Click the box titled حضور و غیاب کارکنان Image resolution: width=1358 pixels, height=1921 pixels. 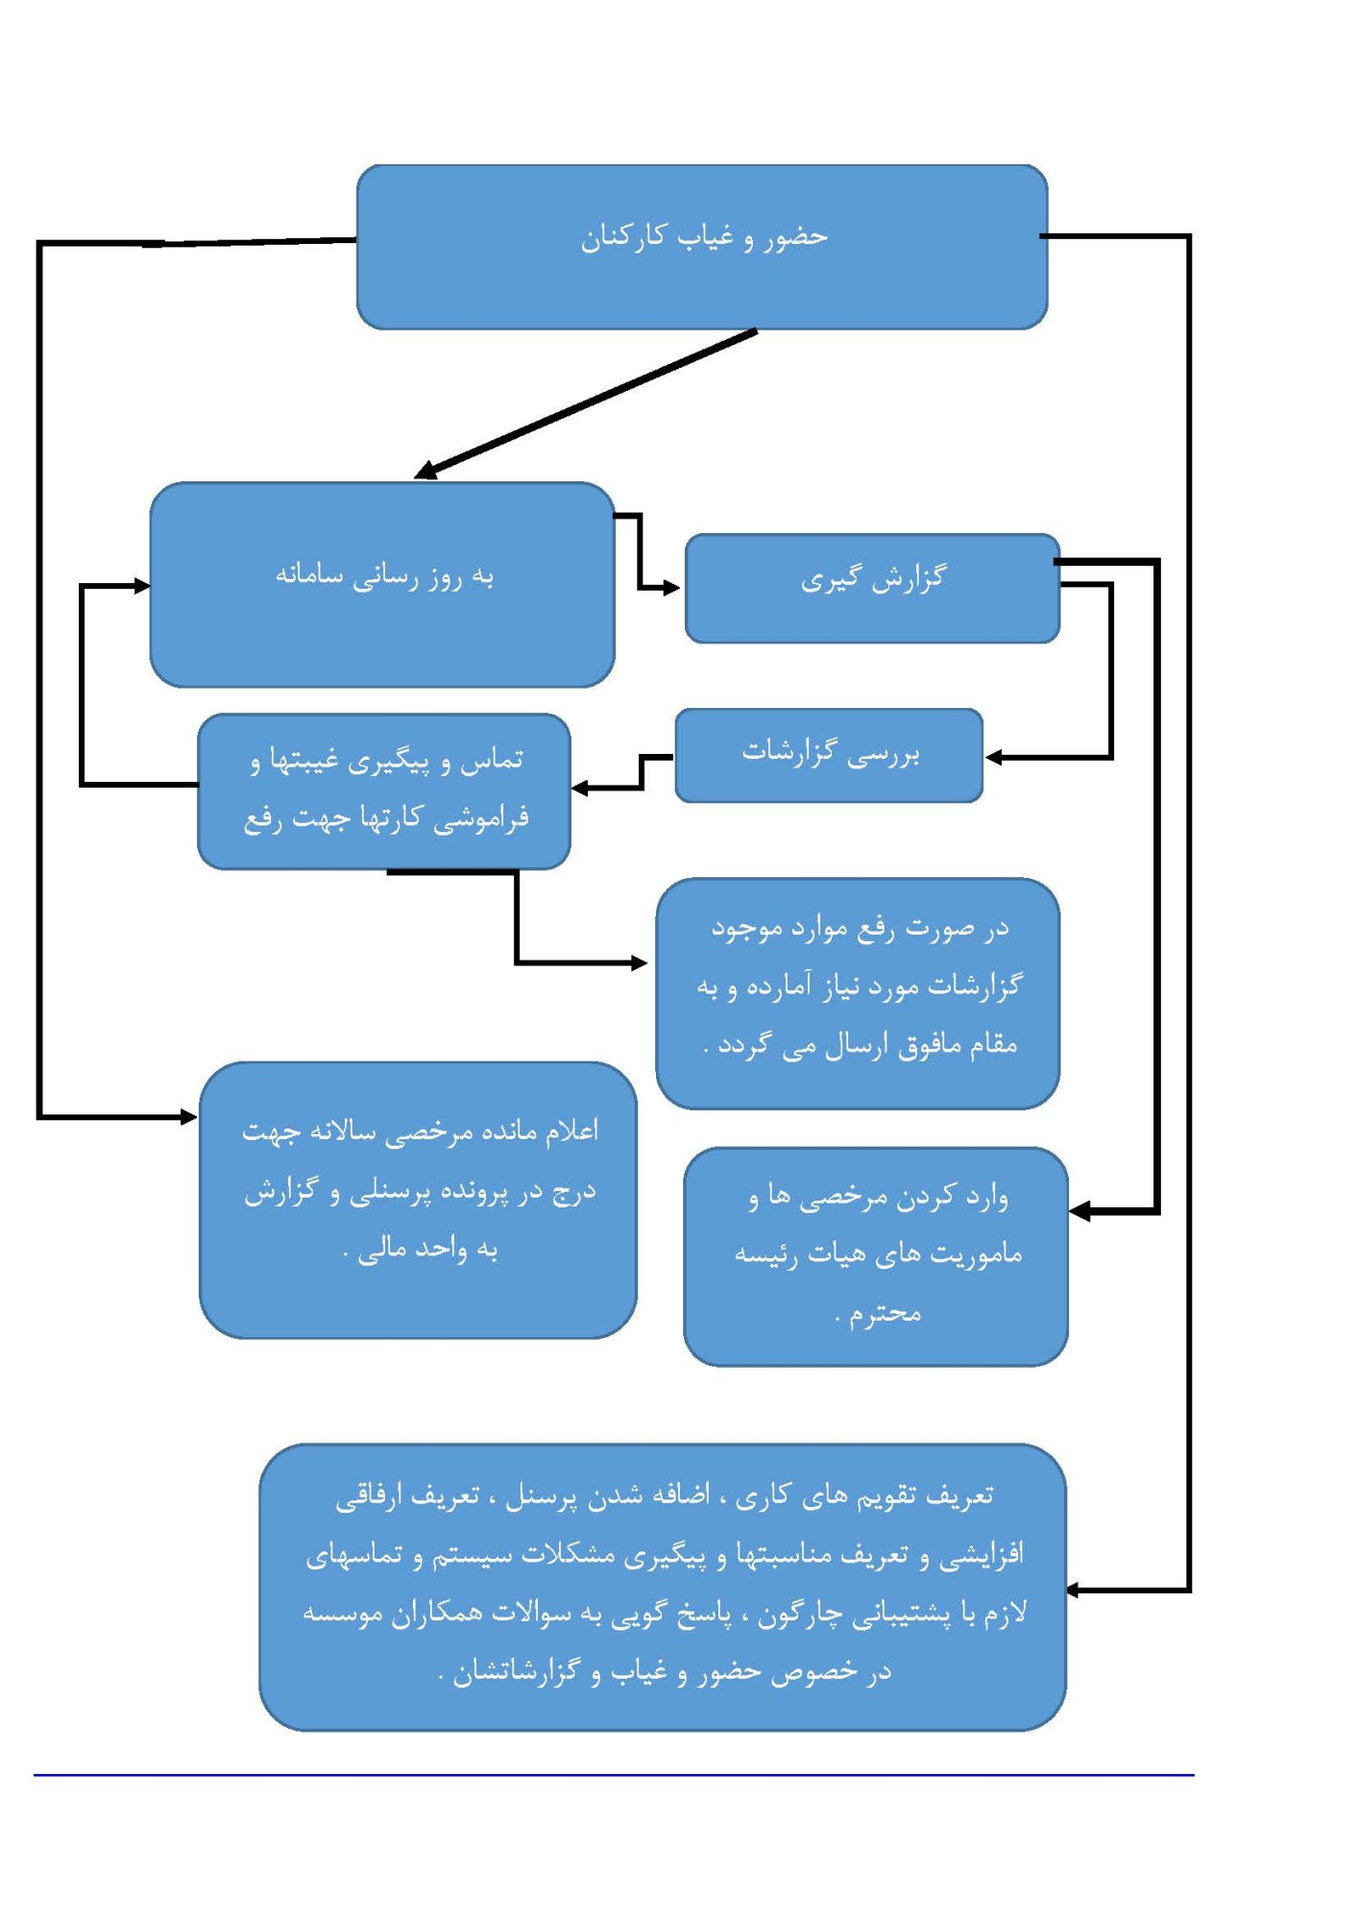pyautogui.click(x=702, y=247)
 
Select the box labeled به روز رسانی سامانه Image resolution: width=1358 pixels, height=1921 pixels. pyautogui.click(x=382, y=584)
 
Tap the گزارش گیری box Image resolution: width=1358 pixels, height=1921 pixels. pyautogui.click(x=872, y=588)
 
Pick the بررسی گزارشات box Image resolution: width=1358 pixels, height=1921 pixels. pyautogui.click(x=829, y=755)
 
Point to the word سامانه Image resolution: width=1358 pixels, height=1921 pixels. pyautogui.click(x=309, y=575)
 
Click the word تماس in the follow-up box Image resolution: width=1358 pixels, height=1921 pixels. pyautogui.click(x=492, y=760)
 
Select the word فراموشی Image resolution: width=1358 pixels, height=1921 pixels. pyautogui.click(x=481, y=818)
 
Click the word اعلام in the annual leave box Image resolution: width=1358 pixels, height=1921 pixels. pyautogui.click(x=572, y=1131)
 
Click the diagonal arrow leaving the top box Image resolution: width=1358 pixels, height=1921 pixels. pyautogui.click(x=585, y=403)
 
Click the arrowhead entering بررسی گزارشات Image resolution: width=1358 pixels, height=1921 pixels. pyautogui.click(x=995, y=758)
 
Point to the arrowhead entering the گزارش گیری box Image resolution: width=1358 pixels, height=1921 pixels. pyautogui.click(x=671, y=588)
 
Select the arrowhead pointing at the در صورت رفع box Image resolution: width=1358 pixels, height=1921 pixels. pyautogui.click(x=639, y=962)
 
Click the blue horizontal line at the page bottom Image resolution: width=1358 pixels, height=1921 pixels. pyautogui.click(x=614, y=1775)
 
